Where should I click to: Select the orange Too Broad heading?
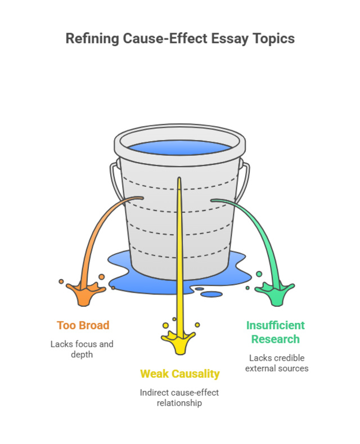(x=83, y=325)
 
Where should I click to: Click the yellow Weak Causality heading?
(x=179, y=374)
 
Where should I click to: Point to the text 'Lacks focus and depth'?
(x=82, y=349)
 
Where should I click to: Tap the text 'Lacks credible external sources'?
(x=278, y=363)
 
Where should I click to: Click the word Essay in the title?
(x=225, y=39)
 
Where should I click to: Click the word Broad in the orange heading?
(x=94, y=325)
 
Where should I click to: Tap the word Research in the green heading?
(x=275, y=339)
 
